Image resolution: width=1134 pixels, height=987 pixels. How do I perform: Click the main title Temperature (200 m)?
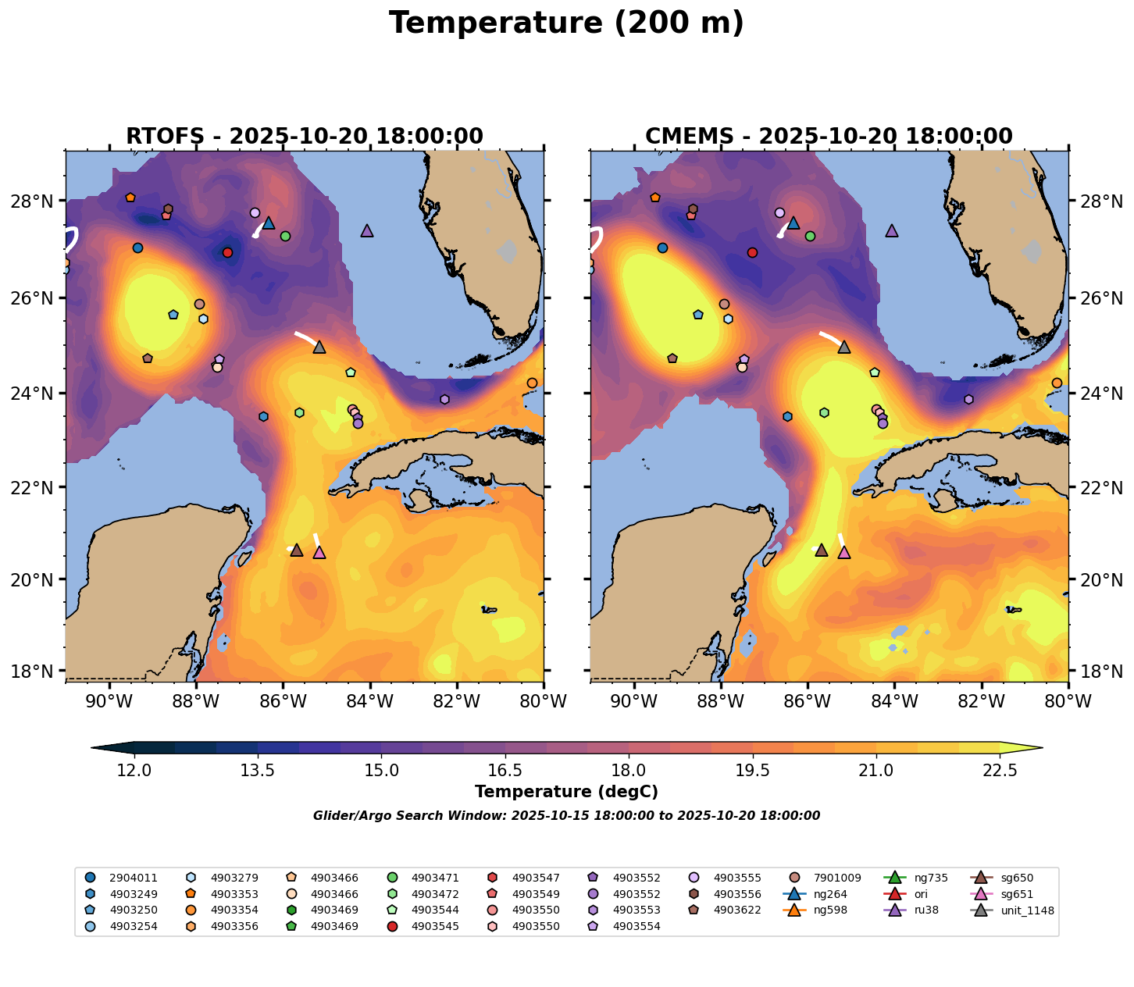[566, 23]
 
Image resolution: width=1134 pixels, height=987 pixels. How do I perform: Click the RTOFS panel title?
[305, 137]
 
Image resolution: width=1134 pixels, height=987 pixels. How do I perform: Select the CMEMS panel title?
[829, 137]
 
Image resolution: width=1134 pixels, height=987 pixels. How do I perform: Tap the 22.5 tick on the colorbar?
[1000, 771]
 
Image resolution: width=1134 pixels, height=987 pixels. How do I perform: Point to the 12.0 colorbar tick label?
[134, 771]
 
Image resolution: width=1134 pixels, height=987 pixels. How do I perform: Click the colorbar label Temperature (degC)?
[566, 792]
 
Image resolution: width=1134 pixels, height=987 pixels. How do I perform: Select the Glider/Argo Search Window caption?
[566, 816]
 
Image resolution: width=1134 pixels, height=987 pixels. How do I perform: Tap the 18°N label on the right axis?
[1101, 672]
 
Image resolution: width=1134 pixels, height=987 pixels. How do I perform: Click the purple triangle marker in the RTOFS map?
[367, 231]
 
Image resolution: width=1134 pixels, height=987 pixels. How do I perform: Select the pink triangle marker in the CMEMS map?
[844, 553]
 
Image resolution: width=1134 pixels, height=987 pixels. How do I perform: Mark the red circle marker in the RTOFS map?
[227, 252]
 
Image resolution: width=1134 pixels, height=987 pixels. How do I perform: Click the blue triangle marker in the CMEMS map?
[793, 223]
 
